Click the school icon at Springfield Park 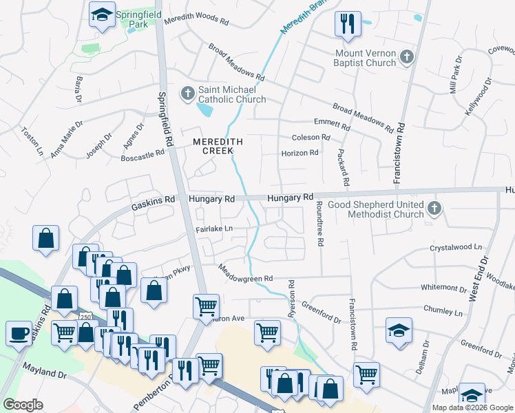click(x=102, y=14)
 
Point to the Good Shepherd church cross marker click(x=434, y=209)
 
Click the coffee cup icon click(x=19, y=333)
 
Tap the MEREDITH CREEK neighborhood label click(x=218, y=146)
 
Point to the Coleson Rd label click(x=311, y=138)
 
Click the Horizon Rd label click(x=299, y=153)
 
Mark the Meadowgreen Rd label click(x=246, y=273)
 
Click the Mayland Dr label click(x=43, y=372)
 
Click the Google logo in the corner click(x=23, y=404)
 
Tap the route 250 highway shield click(x=85, y=316)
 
